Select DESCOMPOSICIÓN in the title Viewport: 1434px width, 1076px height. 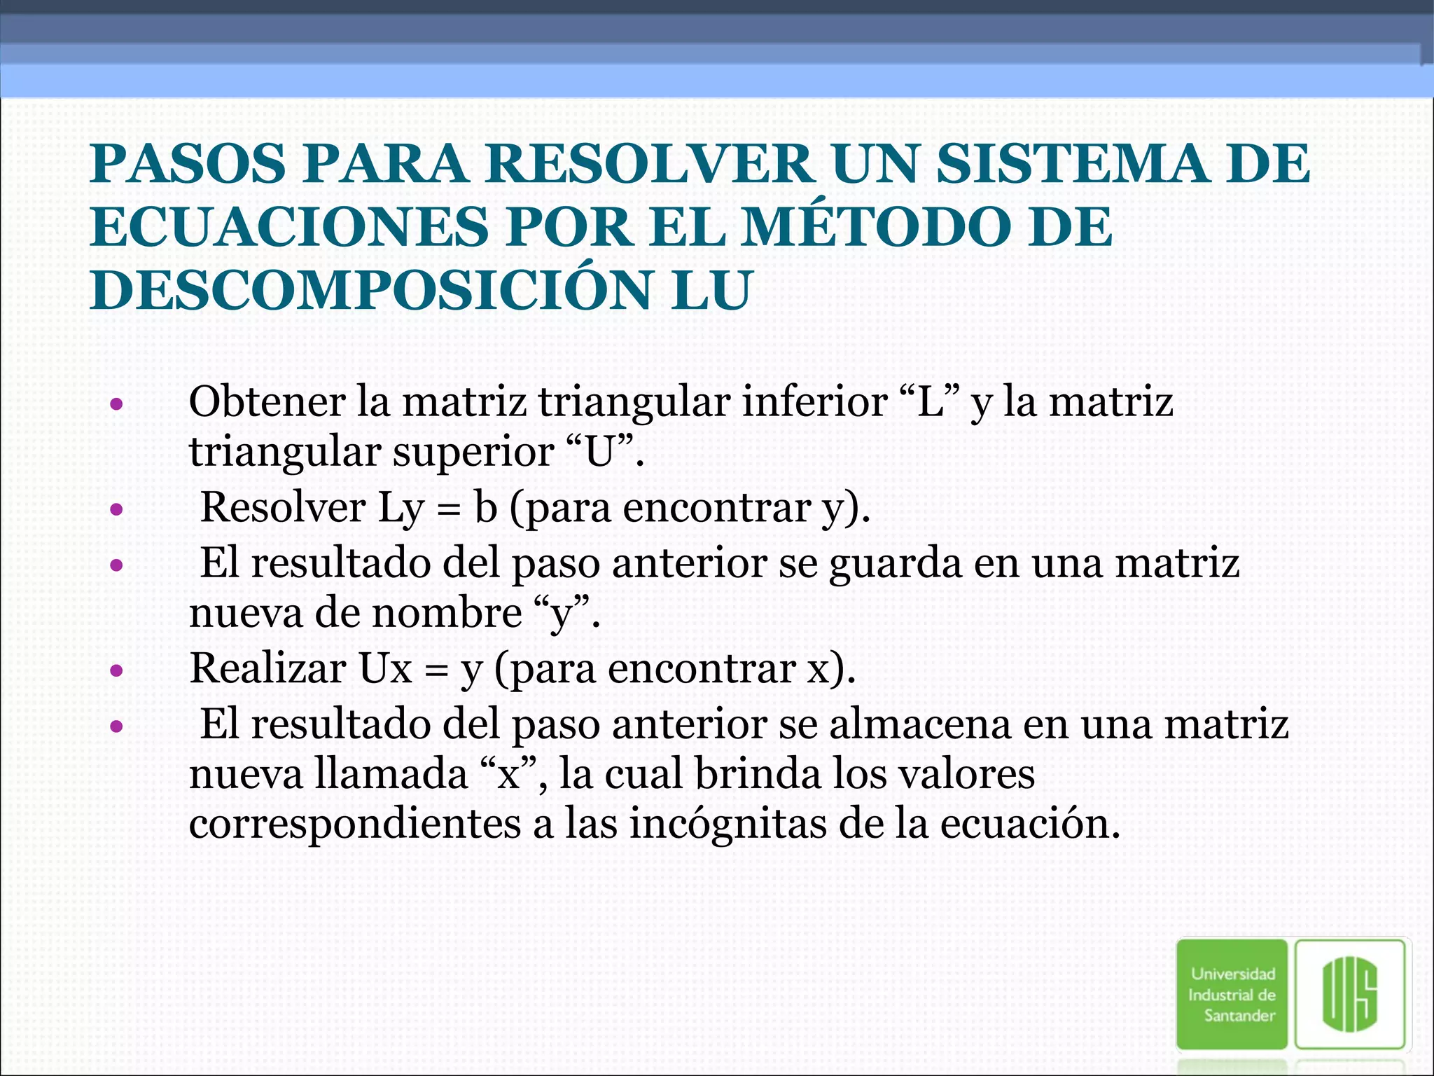tap(370, 290)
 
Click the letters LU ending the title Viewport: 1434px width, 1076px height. tap(710, 290)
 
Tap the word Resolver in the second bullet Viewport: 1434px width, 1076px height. tap(283, 507)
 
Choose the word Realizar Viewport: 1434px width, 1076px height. tap(267, 668)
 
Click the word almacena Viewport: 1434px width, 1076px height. tap(920, 724)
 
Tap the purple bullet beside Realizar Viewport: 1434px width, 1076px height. tap(117, 671)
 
